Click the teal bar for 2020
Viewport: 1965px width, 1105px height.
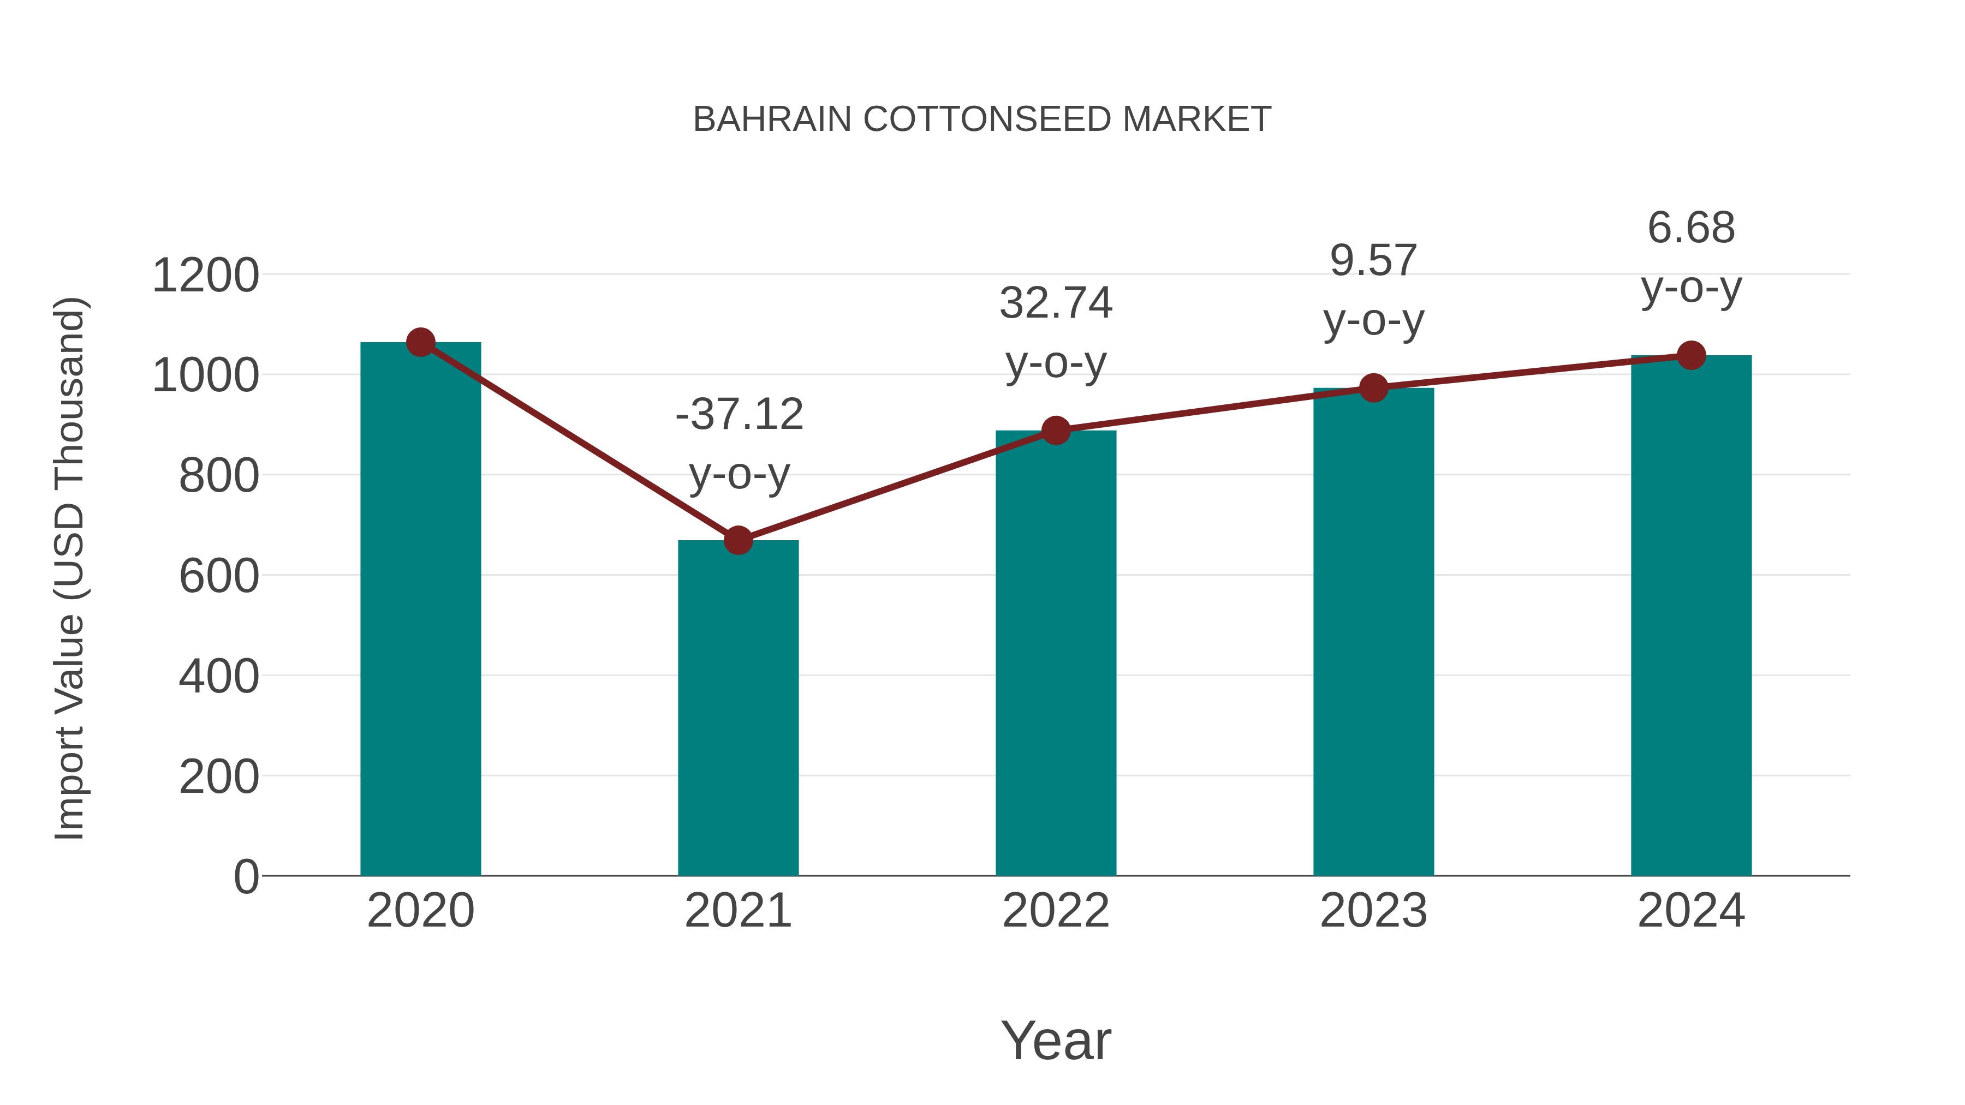click(420, 610)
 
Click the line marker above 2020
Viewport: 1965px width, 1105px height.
click(420, 342)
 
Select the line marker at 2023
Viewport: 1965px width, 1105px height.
click(1373, 388)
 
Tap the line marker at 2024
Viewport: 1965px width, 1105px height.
click(1691, 355)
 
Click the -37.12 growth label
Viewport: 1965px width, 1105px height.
click(739, 415)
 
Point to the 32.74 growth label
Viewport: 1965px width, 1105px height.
click(1056, 303)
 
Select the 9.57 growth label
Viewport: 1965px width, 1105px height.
click(1373, 261)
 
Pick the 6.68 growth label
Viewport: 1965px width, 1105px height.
click(1691, 228)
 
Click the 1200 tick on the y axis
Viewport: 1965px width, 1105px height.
click(205, 276)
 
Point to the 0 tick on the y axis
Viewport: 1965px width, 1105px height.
click(246, 876)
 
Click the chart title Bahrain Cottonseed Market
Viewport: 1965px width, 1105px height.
click(982, 120)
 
